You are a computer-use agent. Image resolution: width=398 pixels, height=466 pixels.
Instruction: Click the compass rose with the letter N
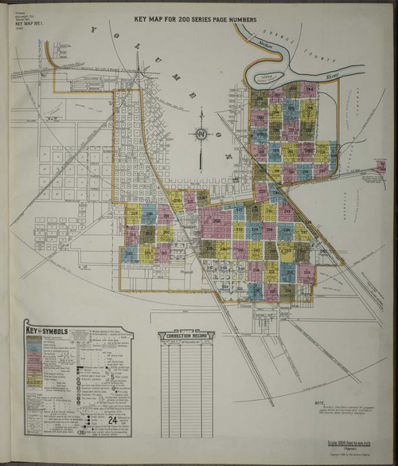pos(202,131)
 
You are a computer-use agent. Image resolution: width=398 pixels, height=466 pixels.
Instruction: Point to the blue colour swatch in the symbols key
pos(33,349)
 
